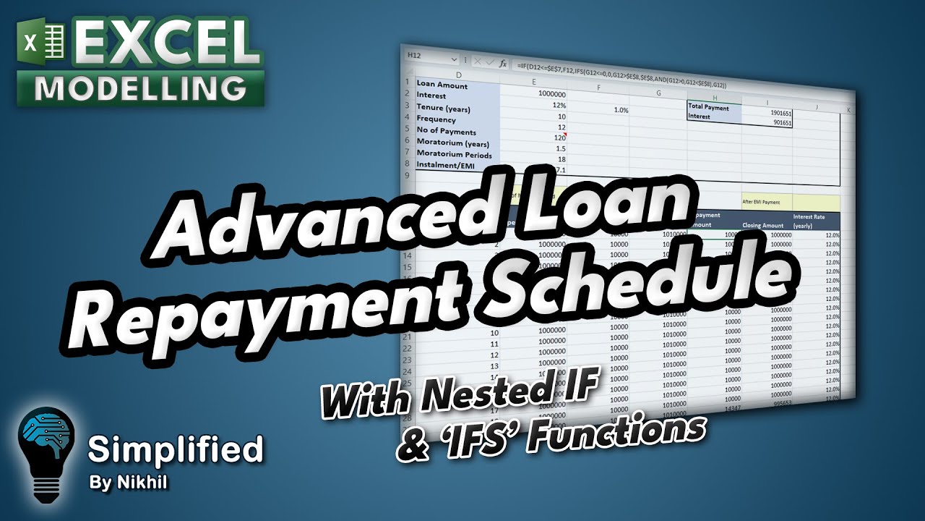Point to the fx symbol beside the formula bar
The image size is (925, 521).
coord(502,64)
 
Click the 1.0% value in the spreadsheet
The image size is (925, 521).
coord(621,110)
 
